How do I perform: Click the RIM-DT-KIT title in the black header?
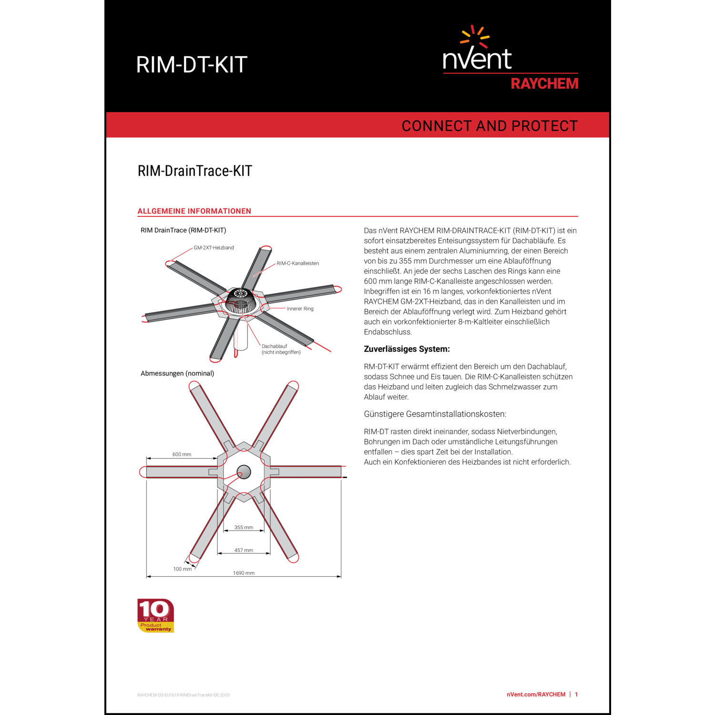click(192, 65)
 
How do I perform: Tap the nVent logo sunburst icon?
click(475, 37)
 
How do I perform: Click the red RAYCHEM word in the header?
click(544, 84)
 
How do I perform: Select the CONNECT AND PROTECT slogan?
click(490, 126)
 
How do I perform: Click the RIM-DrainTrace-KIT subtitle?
click(194, 171)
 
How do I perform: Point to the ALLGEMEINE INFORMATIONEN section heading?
click(194, 211)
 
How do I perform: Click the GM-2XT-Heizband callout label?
click(214, 248)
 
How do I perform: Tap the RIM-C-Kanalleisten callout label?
click(298, 264)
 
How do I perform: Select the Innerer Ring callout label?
click(300, 309)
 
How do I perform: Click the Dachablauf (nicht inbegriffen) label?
click(281, 349)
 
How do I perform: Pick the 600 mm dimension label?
click(182, 454)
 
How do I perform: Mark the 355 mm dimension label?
click(244, 528)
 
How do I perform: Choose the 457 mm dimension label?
click(244, 551)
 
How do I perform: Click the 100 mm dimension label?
click(182, 569)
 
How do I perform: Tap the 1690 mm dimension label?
click(244, 573)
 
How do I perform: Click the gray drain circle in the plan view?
click(244, 472)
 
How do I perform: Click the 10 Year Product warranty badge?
click(155, 615)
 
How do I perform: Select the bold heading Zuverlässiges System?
click(407, 349)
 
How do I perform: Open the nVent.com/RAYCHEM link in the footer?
click(536, 695)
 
